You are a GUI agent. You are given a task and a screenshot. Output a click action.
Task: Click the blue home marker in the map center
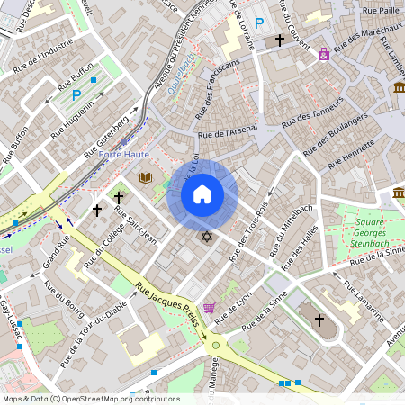tap(202, 194)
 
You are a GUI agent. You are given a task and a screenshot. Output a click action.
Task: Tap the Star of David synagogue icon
tap(206, 237)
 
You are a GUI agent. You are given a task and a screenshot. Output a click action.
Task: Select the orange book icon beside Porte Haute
tap(145, 178)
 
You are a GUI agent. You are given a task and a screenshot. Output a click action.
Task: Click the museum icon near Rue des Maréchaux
tap(399, 87)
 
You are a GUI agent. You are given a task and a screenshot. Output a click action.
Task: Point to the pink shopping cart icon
tap(209, 309)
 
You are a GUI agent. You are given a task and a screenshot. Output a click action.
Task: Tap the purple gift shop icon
tap(323, 54)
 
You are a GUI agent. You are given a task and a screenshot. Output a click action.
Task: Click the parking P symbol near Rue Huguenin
tap(76, 94)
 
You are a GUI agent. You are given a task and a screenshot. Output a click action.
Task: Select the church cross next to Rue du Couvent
tap(280, 40)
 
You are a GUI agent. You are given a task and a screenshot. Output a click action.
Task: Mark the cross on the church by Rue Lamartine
tap(318, 320)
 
